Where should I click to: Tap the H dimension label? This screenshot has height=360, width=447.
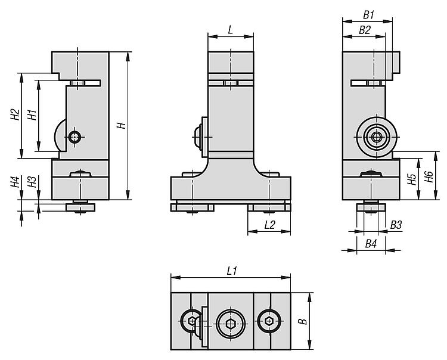pos(120,126)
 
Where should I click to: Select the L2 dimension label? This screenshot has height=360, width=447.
pos(269,225)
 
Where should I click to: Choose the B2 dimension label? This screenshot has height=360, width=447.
pos(364,30)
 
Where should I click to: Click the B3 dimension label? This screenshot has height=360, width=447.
pos(396,225)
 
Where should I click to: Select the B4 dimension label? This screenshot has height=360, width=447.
pos(371,243)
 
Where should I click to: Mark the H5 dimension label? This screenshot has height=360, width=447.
pos(411,179)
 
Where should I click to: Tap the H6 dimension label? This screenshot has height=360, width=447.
pos(429,176)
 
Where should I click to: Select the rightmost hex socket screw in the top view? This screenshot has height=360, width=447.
pos(268,322)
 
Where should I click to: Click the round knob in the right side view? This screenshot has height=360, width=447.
pos(377,136)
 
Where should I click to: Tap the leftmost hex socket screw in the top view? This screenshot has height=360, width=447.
pos(192,322)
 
